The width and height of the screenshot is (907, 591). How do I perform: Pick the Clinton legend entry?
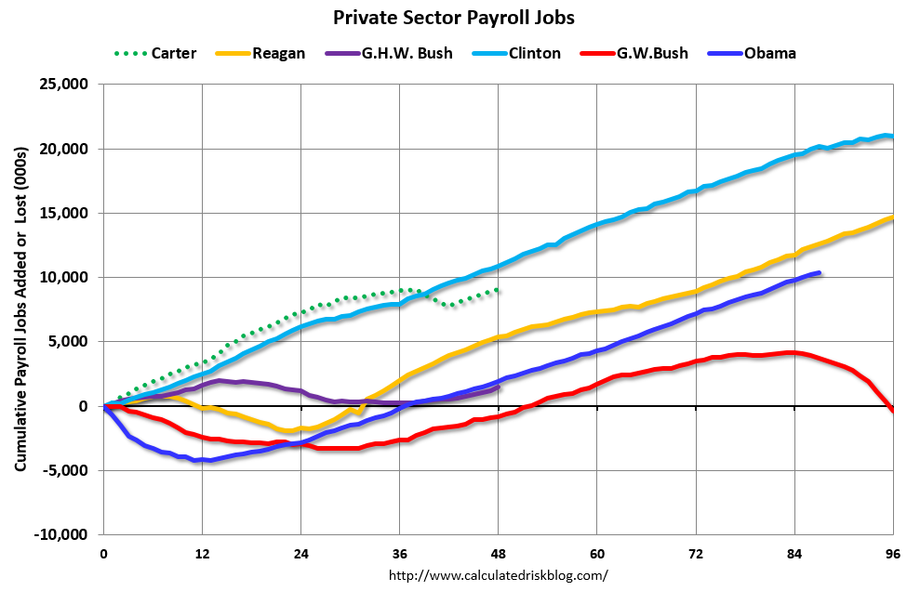point(535,53)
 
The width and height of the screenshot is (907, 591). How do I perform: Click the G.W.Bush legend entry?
point(652,53)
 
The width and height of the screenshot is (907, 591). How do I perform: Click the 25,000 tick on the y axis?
point(60,85)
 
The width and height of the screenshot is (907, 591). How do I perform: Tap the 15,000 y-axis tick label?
point(60,213)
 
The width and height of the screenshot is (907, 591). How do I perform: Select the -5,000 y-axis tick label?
point(63,470)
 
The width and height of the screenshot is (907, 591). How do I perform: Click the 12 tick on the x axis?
point(202,553)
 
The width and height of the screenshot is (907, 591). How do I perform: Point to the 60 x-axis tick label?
point(596,553)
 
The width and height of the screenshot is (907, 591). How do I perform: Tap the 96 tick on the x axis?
point(892,553)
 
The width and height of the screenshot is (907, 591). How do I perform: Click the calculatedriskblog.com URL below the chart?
point(498,575)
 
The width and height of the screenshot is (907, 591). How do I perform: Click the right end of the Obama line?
point(819,273)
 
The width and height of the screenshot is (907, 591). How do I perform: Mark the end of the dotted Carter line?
point(499,290)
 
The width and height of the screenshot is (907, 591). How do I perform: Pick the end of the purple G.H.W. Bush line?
point(499,387)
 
